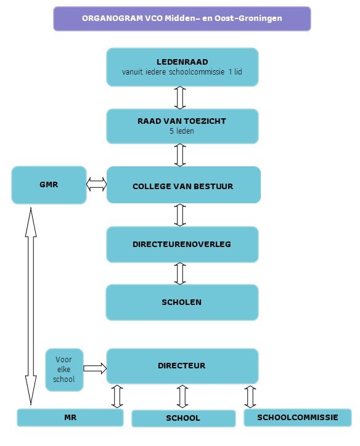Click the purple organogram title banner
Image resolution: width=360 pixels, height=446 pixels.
point(182,18)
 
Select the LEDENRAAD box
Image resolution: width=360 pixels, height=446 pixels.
point(182,67)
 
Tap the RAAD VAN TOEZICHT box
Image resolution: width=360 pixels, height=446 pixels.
point(182,126)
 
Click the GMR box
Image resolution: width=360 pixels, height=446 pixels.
point(49,185)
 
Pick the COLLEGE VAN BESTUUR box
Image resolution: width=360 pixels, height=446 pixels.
point(184,185)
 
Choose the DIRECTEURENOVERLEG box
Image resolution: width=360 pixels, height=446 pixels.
point(182,245)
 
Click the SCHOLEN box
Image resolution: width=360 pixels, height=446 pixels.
point(182,302)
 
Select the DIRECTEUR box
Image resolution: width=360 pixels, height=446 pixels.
point(182,366)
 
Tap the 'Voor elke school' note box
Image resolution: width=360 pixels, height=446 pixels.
point(64,370)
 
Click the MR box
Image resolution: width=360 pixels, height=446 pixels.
point(70,418)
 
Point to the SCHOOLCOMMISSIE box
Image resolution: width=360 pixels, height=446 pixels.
point(298,418)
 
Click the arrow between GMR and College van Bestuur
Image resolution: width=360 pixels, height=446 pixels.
point(97,184)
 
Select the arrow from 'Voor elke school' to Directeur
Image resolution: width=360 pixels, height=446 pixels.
point(95,368)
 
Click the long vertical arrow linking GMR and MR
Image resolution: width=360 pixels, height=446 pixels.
point(31,306)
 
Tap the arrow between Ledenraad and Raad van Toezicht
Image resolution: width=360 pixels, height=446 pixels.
point(180,97)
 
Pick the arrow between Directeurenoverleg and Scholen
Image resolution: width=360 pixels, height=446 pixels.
point(180,274)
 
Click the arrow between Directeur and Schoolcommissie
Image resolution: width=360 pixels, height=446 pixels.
point(250,397)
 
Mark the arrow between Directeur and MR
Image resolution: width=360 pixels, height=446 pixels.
point(117,397)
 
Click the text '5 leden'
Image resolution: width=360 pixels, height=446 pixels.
point(182,131)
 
